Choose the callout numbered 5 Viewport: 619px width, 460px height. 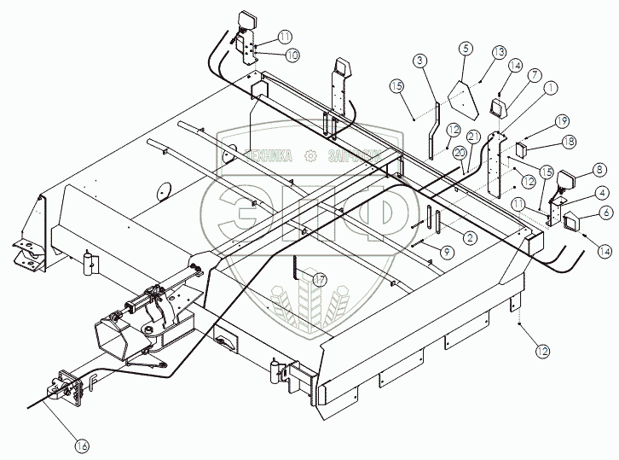(x=465, y=49)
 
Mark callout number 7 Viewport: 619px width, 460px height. (x=535, y=75)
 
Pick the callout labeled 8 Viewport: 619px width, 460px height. (x=576, y=169)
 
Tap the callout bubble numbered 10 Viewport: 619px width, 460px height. (x=292, y=55)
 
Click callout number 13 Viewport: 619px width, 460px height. (x=499, y=52)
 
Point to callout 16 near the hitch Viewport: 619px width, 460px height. (x=82, y=445)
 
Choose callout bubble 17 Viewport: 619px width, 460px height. (x=320, y=279)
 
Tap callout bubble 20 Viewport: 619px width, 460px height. (x=460, y=152)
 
